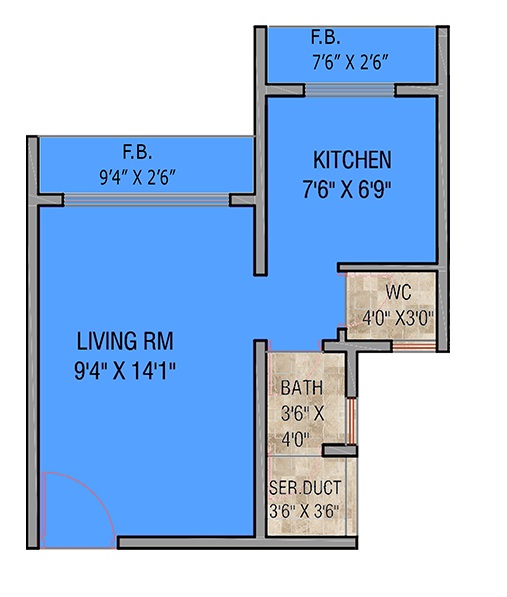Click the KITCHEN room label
pos(352,160)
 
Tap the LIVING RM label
pos(125,341)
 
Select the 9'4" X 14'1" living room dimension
pos(125,371)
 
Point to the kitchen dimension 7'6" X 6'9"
pos(347,189)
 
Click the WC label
pos(398,292)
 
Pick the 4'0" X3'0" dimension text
pos(398,317)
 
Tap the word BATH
pos(301,388)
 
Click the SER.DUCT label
pos(305,488)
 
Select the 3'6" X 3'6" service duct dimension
pos(304,511)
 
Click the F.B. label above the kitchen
pos(326,37)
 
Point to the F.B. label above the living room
pos(137,152)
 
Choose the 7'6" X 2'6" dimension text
pos(350,62)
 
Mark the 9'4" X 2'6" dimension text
pos(137,177)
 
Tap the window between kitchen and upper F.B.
pos(350,90)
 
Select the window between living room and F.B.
pos(147,200)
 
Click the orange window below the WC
pos(414,346)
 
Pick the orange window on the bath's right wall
pos(351,421)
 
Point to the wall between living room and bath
pos(260,439)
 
